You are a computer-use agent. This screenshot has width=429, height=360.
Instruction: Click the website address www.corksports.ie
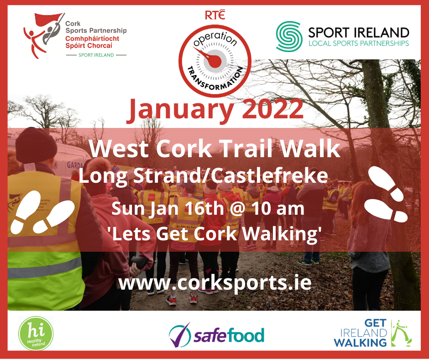coord(214,282)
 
